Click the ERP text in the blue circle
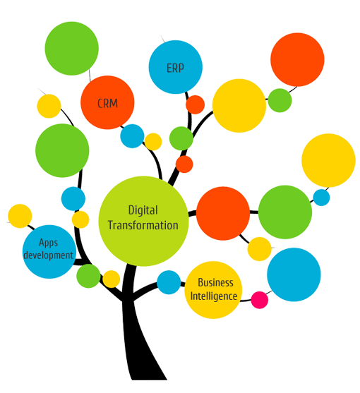(x=175, y=68)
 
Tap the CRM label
(x=107, y=103)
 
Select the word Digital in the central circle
(x=143, y=210)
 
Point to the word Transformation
(x=143, y=225)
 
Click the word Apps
(x=49, y=243)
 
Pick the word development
(x=49, y=255)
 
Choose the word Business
(x=215, y=282)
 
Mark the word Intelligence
(x=214, y=296)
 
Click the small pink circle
(x=260, y=300)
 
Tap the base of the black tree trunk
(x=149, y=378)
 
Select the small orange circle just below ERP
(x=195, y=104)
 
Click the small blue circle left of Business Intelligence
(x=169, y=282)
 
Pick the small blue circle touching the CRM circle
(x=132, y=136)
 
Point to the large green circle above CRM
(x=72, y=49)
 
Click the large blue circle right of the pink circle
(x=294, y=274)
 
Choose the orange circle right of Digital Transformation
(x=223, y=213)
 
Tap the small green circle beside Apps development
(x=88, y=276)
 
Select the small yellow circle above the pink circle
(x=260, y=249)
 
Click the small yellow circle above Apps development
(x=20, y=216)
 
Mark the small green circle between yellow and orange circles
(x=280, y=100)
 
